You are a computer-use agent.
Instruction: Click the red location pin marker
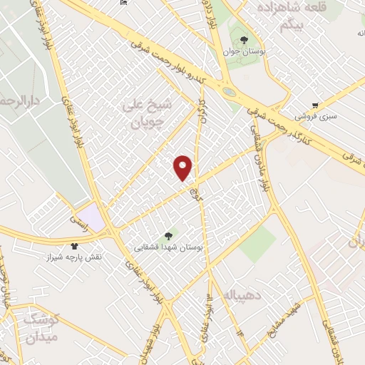click(183, 168)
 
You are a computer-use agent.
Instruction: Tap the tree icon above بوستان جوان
click(244, 40)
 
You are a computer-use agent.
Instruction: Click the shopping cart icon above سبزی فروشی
click(314, 105)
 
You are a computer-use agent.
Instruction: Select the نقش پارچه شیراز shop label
click(94, 256)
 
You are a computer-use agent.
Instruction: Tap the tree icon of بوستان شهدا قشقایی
click(169, 235)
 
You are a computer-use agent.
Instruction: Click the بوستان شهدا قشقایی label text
click(169, 247)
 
